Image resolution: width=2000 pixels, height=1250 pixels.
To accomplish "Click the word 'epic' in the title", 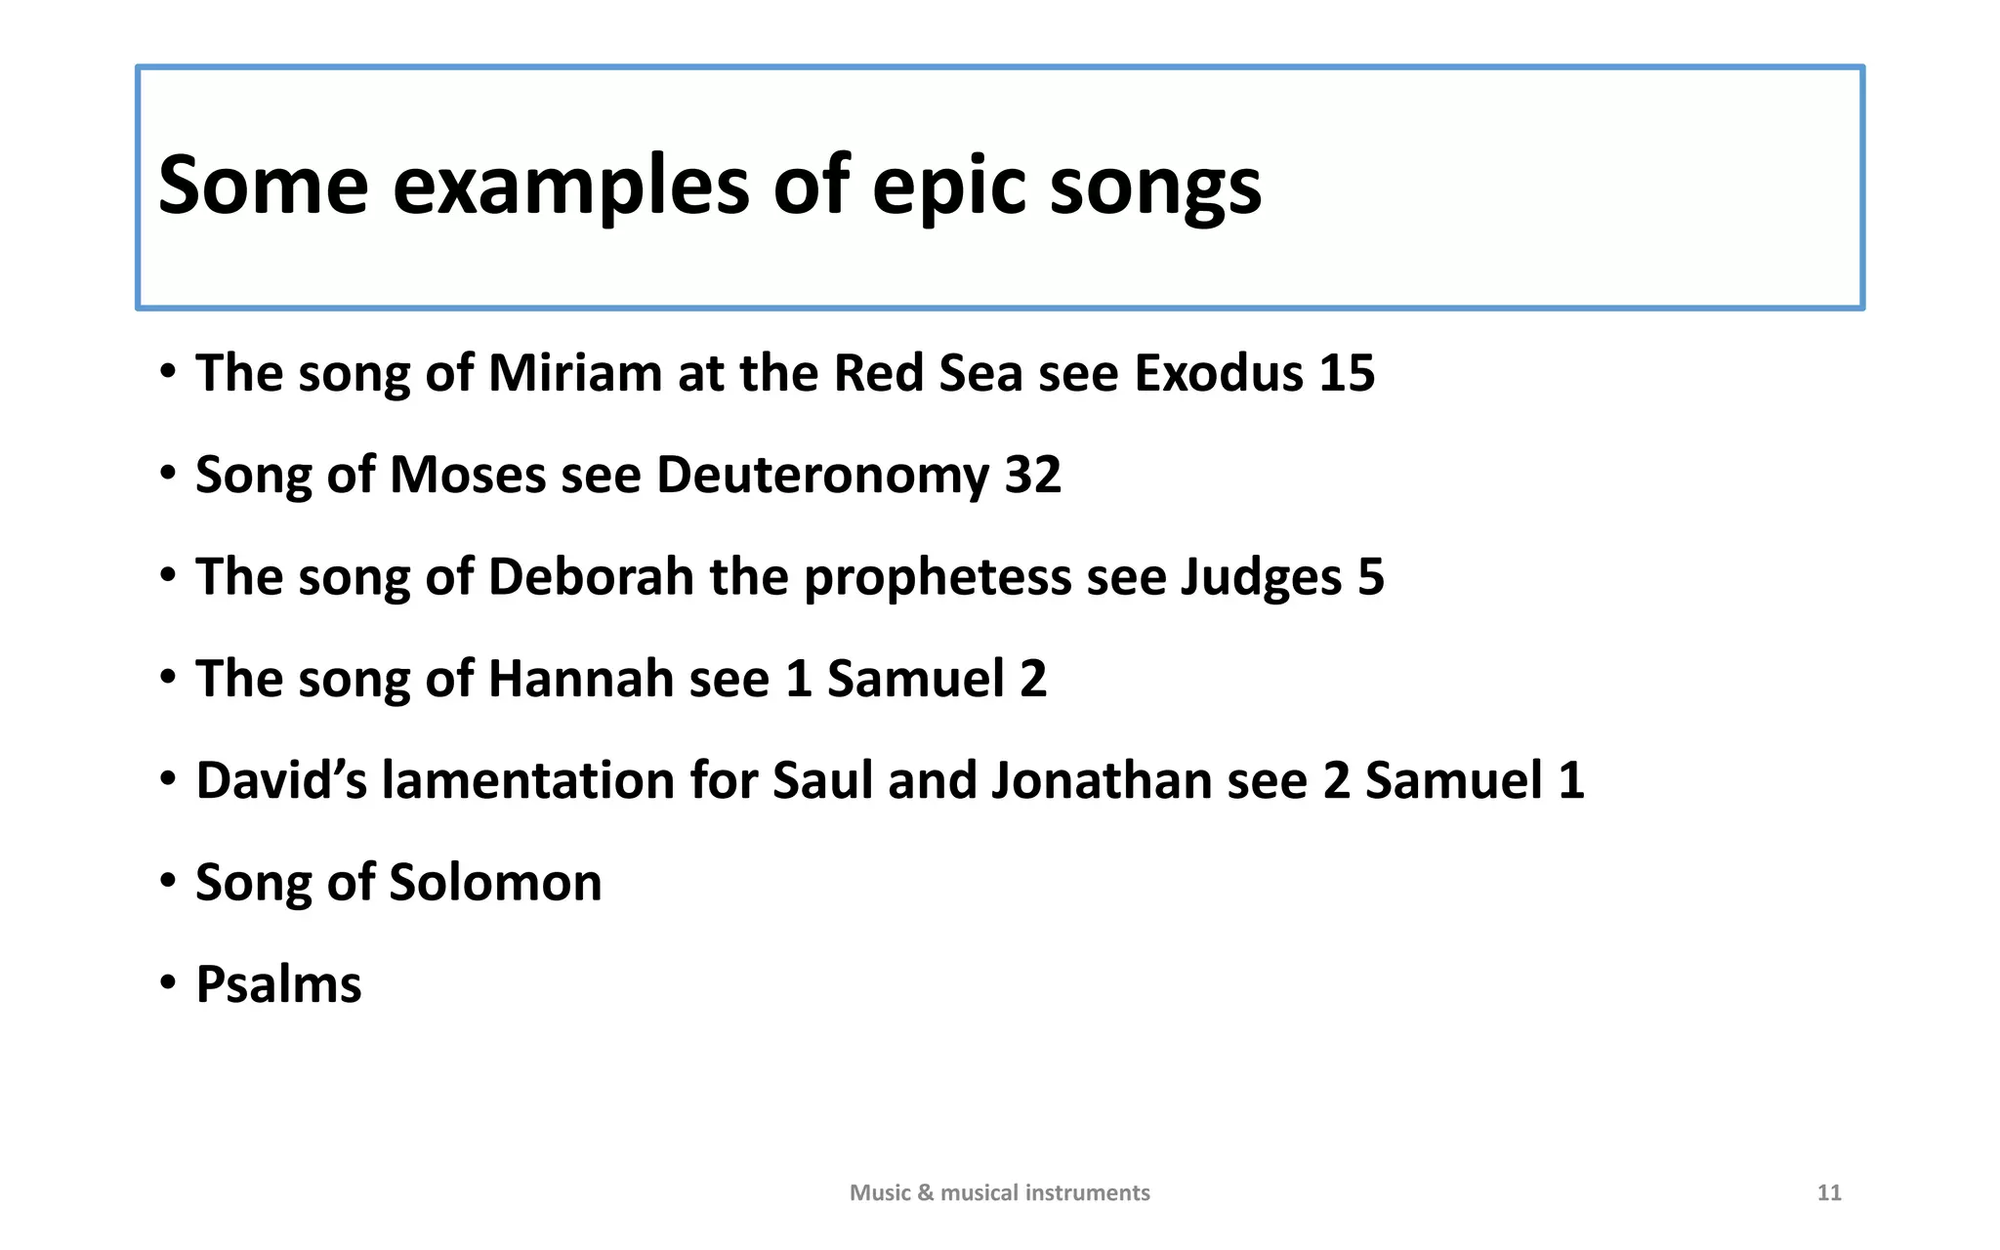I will click(949, 187).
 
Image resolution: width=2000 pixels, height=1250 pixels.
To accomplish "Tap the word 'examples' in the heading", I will click(571, 187).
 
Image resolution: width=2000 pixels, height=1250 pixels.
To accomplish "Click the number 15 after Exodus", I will click(1347, 373).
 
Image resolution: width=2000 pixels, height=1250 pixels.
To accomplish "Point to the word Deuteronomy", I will click(823, 476).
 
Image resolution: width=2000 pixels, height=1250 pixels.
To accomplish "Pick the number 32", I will click(1032, 476).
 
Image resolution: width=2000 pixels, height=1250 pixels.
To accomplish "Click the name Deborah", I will click(591, 577).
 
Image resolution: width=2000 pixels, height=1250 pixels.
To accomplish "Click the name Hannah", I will click(581, 679).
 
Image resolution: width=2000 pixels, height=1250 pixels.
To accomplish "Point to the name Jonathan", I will click(1102, 780).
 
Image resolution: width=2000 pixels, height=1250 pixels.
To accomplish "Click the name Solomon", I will click(495, 883).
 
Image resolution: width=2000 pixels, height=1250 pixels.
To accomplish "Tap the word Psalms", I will click(278, 984).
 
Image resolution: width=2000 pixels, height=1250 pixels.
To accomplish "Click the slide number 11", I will click(1829, 1192).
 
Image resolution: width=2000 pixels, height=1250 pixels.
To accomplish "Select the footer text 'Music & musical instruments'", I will click(999, 1192).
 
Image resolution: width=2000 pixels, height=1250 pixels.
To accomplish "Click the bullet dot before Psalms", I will click(169, 982).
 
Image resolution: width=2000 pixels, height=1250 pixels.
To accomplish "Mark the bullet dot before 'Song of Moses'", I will click(169, 474).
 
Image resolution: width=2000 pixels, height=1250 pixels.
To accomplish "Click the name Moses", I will click(468, 476).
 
